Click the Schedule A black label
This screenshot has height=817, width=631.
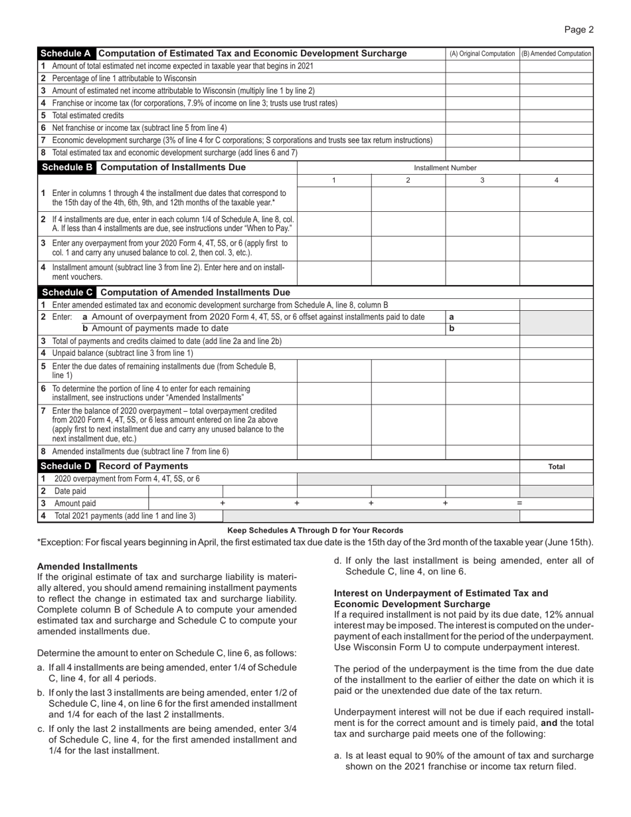(68, 54)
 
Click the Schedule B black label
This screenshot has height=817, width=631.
(68, 167)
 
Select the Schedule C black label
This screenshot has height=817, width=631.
(68, 292)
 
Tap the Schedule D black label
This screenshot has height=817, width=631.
(68, 466)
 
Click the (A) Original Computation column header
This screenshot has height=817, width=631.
(482, 54)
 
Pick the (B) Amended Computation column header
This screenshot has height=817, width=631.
(556, 54)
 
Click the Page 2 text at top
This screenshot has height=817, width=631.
(579, 29)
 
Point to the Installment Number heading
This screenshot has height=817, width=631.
(445, 168)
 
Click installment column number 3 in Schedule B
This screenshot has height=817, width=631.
(482, 181)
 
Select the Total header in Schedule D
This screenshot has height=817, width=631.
(556, 467)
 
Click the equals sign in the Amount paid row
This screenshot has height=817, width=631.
(519, 503)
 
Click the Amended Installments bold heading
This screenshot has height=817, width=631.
(87, 567)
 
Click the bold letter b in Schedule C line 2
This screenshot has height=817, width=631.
(452, 328)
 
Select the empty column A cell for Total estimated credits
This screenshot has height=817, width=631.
(482, 116)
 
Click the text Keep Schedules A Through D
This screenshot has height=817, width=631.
(315, 530)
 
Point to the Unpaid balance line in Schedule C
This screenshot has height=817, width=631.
(122, 353)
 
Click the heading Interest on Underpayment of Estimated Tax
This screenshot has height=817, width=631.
(441, 592)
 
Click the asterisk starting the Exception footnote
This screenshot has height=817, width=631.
(39, 542)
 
